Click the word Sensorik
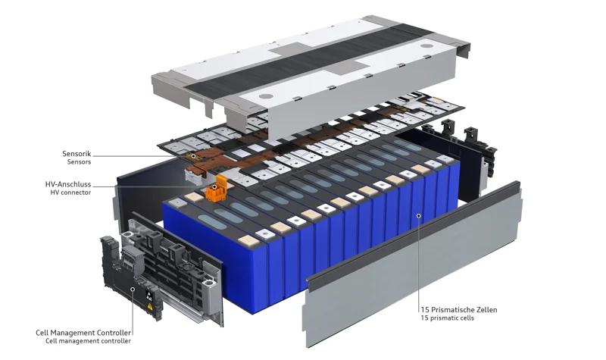[77, 154]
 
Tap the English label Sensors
[78, 162]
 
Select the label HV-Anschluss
[70, 184]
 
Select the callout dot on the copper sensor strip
[193, 155]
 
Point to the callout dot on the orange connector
[214, 186]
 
